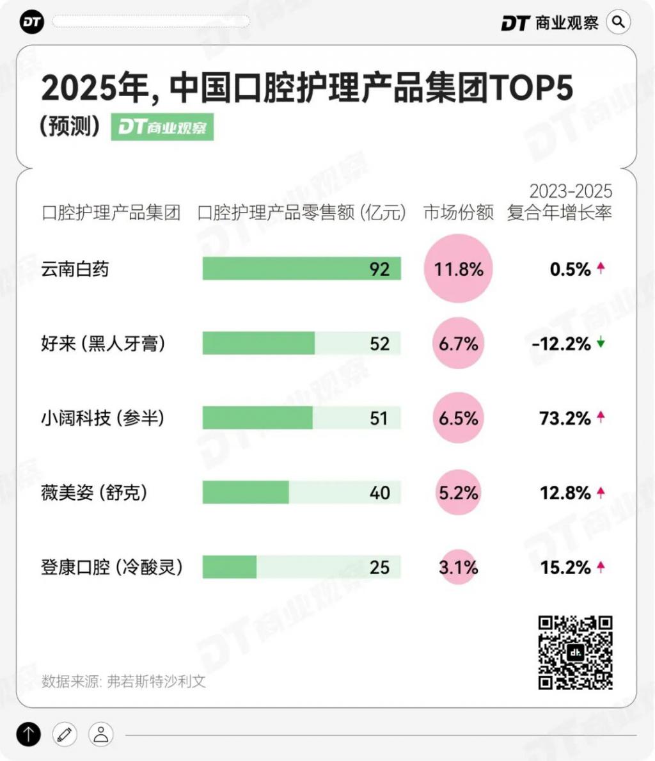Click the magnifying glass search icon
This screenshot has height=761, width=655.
tap(618, 22)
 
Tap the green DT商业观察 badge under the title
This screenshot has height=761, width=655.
tap(162, 127)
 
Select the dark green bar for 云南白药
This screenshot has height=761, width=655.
tap(301, 269)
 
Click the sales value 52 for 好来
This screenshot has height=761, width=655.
tap(379, 344)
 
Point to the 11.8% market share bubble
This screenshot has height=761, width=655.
tap(459, 269)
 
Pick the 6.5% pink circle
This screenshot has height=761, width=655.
tap(458, 419)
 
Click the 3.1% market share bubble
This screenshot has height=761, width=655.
tap(458, 567)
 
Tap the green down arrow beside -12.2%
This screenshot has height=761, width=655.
tap(601, 343)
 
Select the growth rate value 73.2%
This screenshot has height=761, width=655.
tap(565, 419)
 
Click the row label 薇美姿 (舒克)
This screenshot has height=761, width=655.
tap(94, 493)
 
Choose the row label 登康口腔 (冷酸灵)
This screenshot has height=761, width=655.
tap(112, 567)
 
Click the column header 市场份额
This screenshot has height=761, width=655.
tap(459, 212)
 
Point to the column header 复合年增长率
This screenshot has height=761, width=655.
tap(559, 212)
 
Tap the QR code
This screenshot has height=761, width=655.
tap(575, 652)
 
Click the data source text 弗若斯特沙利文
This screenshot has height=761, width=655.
tap(156, 681)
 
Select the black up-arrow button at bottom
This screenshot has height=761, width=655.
tap(29, 734)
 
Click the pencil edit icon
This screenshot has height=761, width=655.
tap(65, 734)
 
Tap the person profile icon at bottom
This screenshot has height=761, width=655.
tap(101, 734)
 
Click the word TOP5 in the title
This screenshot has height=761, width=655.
tap(531, 88)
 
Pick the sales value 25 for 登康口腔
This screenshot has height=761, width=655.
tap(379, 567)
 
